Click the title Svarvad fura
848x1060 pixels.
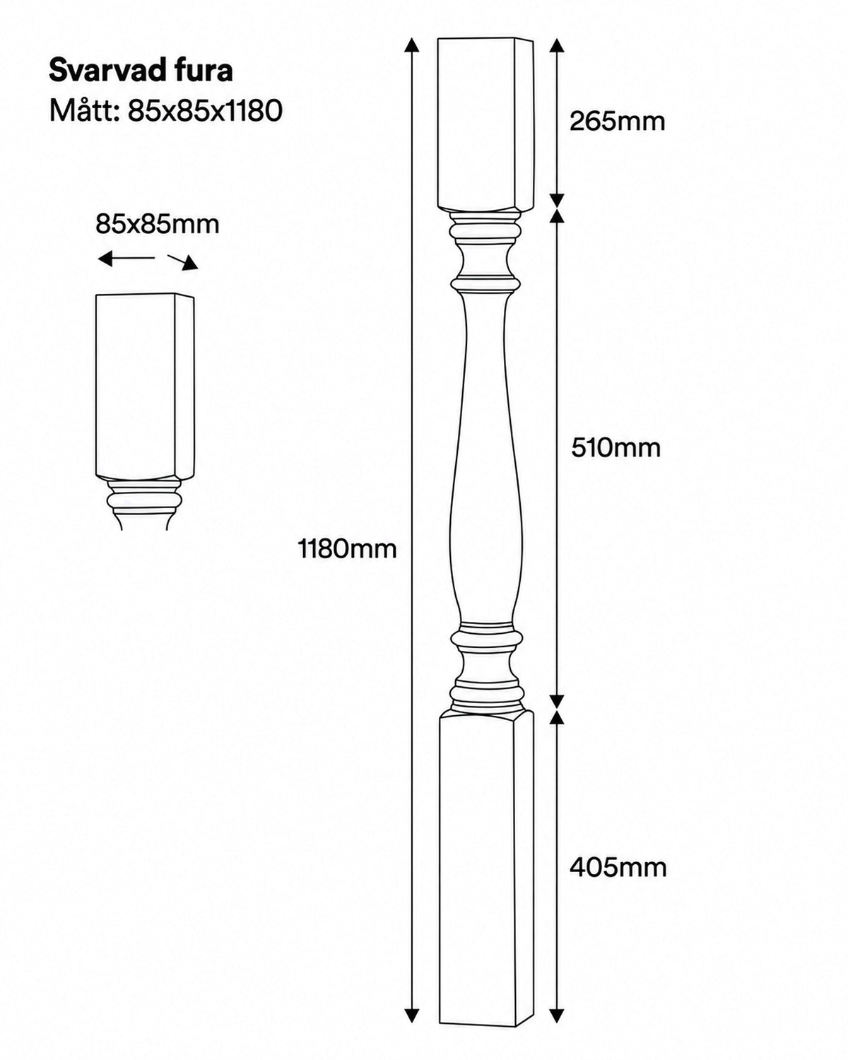[x=141, y=71]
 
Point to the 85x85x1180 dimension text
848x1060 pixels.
[x=205, y=111]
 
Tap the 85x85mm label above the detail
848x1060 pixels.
[x=157, y=225]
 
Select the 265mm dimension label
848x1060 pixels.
[x=617, y=121]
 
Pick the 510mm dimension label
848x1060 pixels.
[x=616, y=448]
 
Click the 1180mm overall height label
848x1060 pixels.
[x=348, y=548]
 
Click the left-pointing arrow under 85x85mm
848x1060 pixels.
[x=126, y=258]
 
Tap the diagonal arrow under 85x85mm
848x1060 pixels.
[x=183, y=262]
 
